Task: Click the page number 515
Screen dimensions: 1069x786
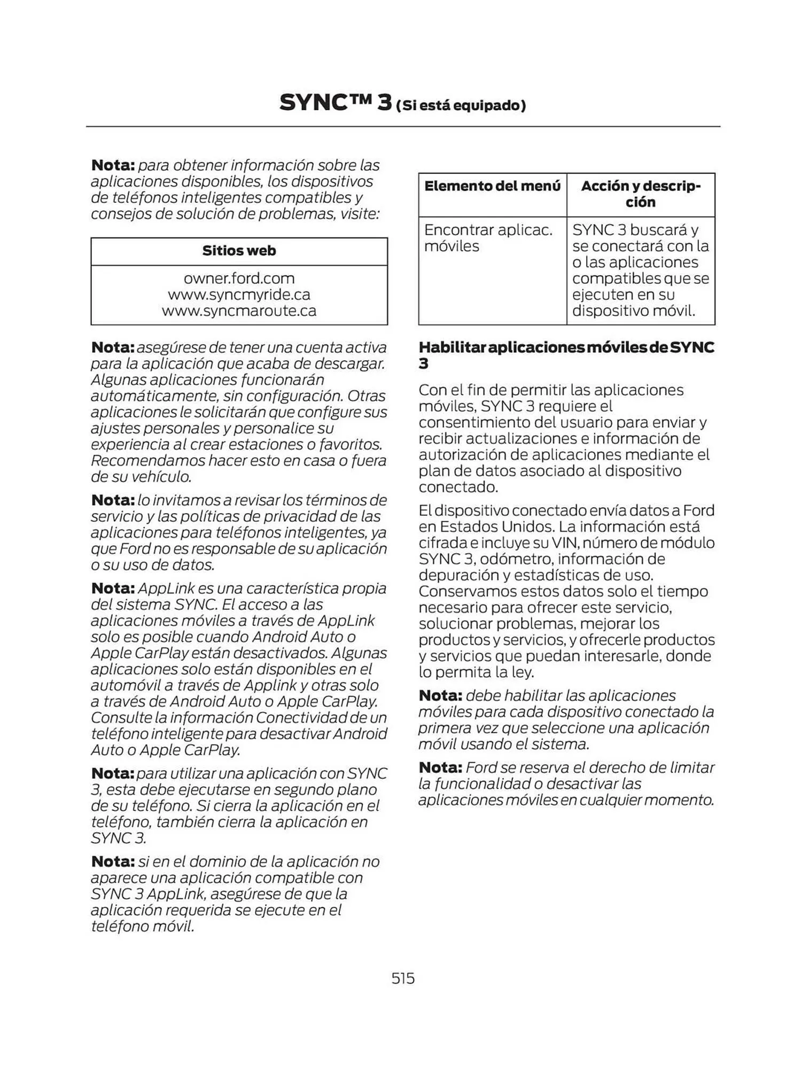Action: click(403, 978)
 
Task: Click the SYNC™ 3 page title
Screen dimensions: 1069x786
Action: click(336, 103)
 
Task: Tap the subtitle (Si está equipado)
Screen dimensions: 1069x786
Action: click(461, 105)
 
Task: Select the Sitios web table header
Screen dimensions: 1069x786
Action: click(239, 251)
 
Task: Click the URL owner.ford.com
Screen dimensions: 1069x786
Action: click(239, 278)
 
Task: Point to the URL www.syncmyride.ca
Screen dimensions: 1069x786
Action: click(239, 295)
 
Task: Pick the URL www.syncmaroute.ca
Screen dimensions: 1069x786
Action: click(239, 311)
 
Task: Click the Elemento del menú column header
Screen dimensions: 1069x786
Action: click(492, 186)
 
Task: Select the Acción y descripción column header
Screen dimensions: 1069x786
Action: click(640, 194)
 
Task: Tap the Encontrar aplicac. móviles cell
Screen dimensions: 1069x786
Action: click(488, 238)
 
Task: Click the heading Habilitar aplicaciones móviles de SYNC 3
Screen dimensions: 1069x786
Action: click(566, 355)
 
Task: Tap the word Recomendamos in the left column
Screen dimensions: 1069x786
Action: click(147, 460)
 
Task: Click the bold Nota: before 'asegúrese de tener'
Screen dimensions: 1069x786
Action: click(113, 347)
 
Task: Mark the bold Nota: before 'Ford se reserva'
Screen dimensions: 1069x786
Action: click(440, 768)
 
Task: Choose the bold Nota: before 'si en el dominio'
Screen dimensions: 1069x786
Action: click(113, 862)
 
